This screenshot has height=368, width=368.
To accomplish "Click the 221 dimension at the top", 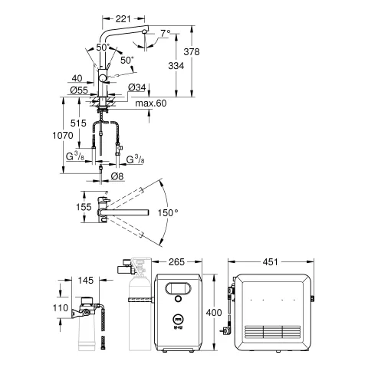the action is tap(123, 18).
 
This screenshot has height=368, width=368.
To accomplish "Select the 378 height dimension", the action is tap(192, 52).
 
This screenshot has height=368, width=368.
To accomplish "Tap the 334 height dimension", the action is tap(176, 66).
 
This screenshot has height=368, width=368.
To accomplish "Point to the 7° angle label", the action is tap(166, 33).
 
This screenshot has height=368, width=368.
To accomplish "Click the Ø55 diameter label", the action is tap(79, 90).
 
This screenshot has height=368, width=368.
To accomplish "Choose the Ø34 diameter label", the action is tap(136, 87).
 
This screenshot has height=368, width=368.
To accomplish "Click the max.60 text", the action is tap(151, 103).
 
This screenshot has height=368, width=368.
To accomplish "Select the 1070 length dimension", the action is tap(63, 135).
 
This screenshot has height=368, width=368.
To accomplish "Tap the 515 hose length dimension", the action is tap(78, 123).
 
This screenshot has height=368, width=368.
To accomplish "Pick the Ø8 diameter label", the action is tap(117, 176).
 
